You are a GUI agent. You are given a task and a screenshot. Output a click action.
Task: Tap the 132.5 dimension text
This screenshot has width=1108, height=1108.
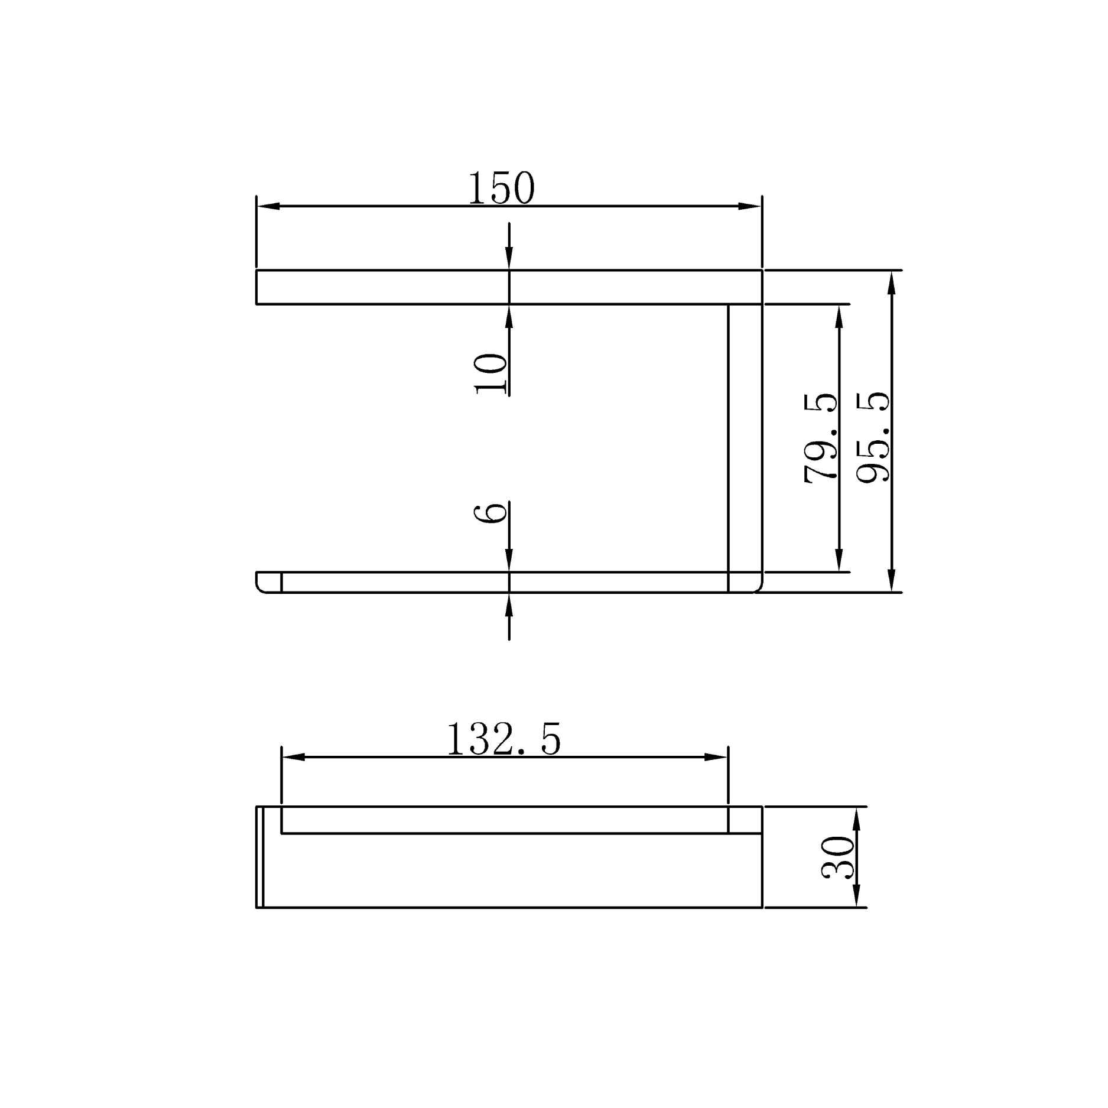(x=503, y=740)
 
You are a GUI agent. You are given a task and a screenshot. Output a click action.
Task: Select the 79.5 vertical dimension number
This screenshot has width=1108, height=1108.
(x=821, y=438)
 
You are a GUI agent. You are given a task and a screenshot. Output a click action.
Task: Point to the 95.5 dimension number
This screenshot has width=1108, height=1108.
(x=873, y=437)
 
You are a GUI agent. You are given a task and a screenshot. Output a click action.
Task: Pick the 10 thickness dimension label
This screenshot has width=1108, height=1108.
(x=491, y=373)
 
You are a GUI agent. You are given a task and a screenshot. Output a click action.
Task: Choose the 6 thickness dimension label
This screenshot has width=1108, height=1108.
(x=491, y=512)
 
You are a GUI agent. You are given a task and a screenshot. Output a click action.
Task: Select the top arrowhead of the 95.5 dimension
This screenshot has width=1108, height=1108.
(x=892, y=283)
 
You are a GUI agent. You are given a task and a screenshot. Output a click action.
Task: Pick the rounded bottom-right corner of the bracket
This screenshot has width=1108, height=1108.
(x=758, y=587)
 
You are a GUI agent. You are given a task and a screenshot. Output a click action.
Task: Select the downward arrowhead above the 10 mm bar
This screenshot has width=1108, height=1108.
(x=509, y=258)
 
